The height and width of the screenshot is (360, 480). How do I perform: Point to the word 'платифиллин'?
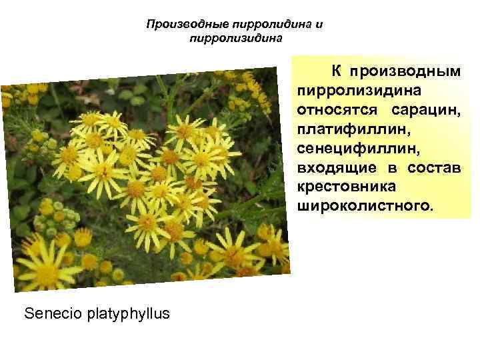pyautogui.click(x=342, y=127)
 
